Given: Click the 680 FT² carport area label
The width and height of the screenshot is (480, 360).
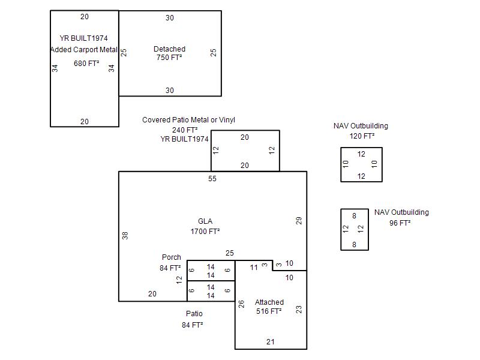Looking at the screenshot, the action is (x=86, y=64).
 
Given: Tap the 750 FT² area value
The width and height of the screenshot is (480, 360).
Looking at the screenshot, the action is (x=169, y=57).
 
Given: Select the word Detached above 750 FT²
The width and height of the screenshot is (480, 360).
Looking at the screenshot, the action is (x=169, y=49).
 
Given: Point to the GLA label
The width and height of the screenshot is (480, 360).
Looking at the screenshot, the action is (x=205, y=221).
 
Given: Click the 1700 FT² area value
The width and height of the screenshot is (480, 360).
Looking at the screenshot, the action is (x=205, y=232).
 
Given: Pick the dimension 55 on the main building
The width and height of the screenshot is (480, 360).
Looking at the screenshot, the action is (x=212, y=178).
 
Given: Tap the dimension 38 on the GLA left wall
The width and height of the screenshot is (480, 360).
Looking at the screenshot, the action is (x=125, y=235).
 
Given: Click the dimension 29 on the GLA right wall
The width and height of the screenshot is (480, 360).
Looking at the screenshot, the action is (x=299, y=221).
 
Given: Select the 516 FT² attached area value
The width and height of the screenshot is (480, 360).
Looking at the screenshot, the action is (x=269, y=311).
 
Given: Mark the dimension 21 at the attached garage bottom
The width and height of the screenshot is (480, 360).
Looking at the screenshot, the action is (x=271, y=341).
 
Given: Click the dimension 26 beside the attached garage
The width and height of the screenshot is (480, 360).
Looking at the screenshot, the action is (x=241, y=304).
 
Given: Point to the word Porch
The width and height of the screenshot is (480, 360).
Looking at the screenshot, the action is (x=172, y=257).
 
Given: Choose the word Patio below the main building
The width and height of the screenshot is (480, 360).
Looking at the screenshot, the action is (x=194, y=313).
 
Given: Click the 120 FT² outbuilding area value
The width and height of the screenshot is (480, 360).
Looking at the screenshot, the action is (x=362, y=136).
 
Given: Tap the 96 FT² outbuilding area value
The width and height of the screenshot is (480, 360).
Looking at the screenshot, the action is (x=400, y=223).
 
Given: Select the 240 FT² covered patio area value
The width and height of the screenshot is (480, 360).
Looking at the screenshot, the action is (x=185, y=130).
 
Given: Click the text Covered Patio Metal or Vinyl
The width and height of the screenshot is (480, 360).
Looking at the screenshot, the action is (x=188, y=119).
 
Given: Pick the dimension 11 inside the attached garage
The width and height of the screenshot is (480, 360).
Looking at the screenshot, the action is (x=254, y=267).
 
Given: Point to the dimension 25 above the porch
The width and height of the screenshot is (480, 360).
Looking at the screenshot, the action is (x=230, y=253).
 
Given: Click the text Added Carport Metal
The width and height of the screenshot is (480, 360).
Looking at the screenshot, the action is (x=84, y=50).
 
